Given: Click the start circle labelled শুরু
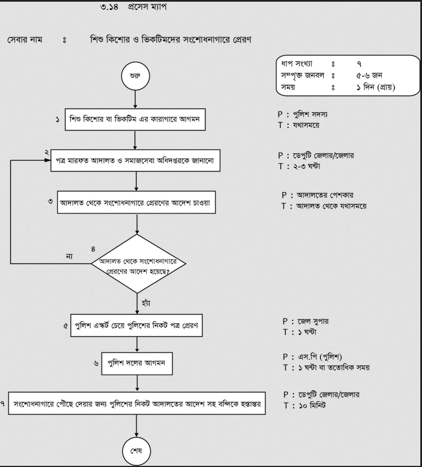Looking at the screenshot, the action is (x=136, y=76).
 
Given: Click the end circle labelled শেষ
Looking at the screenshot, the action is (x=136, y=451).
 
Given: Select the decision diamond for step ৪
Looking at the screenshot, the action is (x=138, y=264).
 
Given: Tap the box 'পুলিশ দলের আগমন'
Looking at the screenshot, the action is (x=137, y=363).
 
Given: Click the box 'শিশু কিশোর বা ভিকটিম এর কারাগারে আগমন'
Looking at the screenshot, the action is (x=135, y=120).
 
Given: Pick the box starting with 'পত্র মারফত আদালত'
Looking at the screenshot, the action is (x=136, y=160).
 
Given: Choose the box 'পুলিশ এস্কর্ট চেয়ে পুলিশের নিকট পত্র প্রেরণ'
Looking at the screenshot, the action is (x=136, y=325).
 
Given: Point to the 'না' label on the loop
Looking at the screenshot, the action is (x=69, y=256).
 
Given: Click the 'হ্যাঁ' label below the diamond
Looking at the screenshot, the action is (x=146, y=303).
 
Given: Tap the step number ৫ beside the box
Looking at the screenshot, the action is (x=65, y=326).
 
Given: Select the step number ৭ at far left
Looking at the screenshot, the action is (x=2, y=404).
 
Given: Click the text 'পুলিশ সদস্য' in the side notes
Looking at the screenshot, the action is (x=310, y=115).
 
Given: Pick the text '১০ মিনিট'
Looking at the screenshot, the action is (x=312, y=406).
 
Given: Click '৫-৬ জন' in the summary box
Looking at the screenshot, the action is (x=369, y=75).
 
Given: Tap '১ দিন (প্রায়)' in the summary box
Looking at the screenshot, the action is (x=376, y=87).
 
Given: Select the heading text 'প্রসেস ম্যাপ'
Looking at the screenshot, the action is (x=147, y=7).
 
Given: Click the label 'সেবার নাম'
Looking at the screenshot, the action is (x=25, y=39).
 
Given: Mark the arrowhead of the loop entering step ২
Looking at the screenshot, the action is (x=49, y=160).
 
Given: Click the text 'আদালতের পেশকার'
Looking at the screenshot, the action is (x=325, y=195).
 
